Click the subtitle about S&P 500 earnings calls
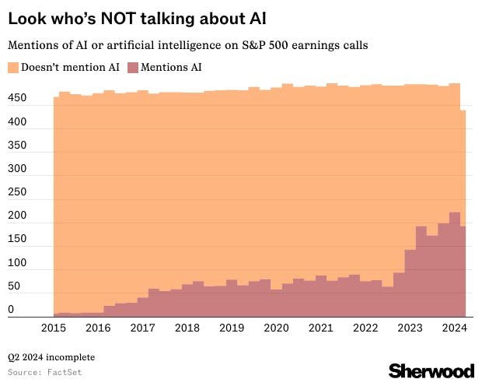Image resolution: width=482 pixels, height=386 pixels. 187,45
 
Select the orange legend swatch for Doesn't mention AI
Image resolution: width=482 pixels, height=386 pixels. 13,68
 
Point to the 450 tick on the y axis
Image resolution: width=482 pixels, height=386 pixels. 18,100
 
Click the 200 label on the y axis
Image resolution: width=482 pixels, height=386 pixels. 18,216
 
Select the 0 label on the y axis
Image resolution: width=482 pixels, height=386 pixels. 11,311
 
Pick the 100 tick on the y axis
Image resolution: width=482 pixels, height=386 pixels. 18,263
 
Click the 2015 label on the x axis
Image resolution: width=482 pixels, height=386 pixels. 54,328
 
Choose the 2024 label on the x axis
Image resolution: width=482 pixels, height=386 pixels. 454,328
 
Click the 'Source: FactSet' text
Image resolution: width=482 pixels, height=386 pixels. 45,373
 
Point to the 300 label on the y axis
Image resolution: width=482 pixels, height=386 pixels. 18,170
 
